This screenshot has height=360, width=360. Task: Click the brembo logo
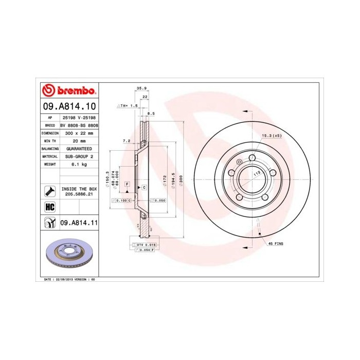tap(69, 91)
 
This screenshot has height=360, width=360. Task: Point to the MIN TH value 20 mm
tap(79, 140)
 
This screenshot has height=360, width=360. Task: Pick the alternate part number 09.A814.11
tap(79, 223)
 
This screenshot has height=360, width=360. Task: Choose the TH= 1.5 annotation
tap(130, 105)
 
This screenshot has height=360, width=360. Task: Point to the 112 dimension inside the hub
tap(256, 174)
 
